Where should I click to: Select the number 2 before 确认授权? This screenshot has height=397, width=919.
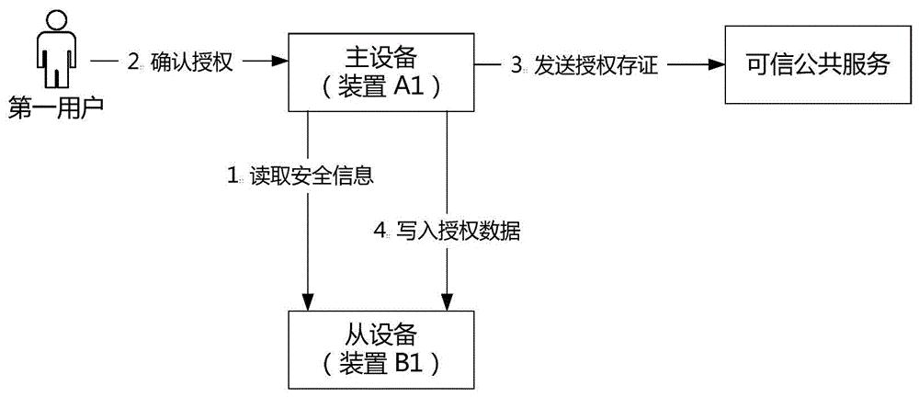coord(132,62)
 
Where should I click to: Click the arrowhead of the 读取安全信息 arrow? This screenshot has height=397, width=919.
coord(309,299)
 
